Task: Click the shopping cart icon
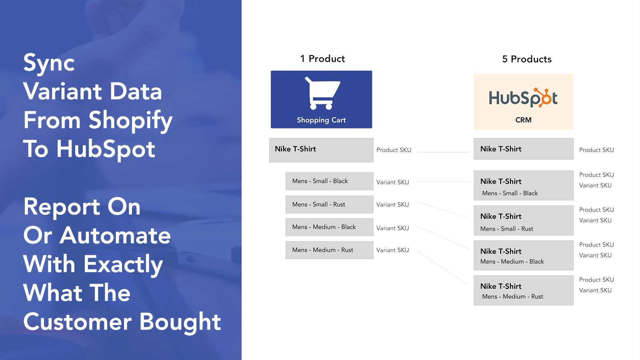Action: pyautogui.click(x=323, y=93)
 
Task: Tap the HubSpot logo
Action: pyautogui.click(x=523, y=98)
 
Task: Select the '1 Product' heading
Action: pyautogui.click(x=322, y=58)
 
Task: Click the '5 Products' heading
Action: pyautogui.click(x=527, y=59)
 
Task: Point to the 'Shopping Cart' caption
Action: pyautogui.click(x=321, y=120)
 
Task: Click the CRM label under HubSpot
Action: pyautogui.click(x=524, y=120)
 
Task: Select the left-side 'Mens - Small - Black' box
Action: pyautogui.click(x=330, y=181)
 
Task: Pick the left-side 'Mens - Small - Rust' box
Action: pyautogui.click(x=330, y=204)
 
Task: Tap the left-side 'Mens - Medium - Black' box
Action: pyautogui.click(x=330, y=227)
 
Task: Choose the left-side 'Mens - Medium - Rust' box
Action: pyautogui.click(x=330, y=250)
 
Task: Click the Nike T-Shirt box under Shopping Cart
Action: pyautogui.click(x=321, y=150)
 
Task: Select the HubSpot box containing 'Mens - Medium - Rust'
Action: pyautogui.click(x=524, y=290)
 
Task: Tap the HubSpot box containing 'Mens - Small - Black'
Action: pyautogui.click(x=524, y=186)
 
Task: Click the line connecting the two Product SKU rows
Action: pyautogui.click(x=444, y=152)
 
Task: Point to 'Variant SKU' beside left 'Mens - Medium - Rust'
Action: pyautogui.click(x=392, y=250)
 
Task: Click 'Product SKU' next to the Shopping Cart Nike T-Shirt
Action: pyautogui.click(x=394, y=150)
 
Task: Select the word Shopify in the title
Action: pyautogui.click(x=130, y=121)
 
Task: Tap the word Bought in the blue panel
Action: pyautogui.click(x=180, y=322)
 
